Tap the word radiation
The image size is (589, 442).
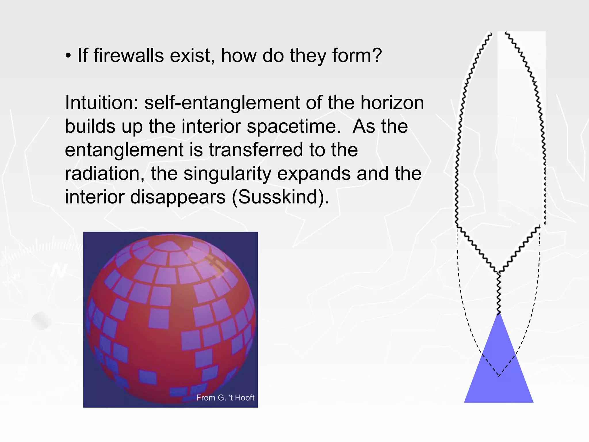[x=105, y=174]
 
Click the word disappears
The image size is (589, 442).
[x=178, y=197]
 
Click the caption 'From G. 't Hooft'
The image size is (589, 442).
[x=225, y=398]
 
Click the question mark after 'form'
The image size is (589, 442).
[x=376, y=55]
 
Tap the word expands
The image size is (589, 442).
[x=316, y=174]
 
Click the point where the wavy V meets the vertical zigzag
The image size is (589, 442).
[x=498, y=272]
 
